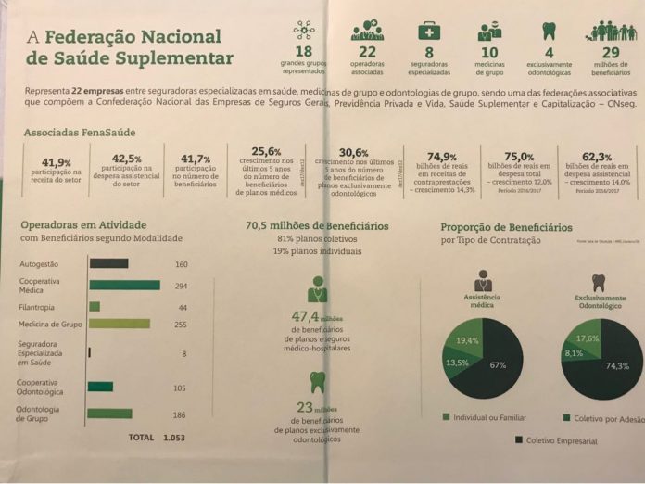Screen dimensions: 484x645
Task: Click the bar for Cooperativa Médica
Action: point(124,285)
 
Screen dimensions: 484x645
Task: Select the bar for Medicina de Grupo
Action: point(119,324)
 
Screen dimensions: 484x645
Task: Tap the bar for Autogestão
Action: point(108,264)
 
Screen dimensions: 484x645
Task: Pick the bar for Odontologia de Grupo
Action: point(110,414)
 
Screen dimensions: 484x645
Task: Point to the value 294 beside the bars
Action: point(181,285)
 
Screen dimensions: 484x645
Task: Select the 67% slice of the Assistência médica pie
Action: point(498,365)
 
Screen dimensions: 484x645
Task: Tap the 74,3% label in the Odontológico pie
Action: point(616,366)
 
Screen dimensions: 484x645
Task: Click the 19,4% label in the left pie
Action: point(467,341)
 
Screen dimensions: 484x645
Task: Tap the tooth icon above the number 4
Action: point(549,30)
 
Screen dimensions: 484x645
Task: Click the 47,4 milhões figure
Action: point(310,317)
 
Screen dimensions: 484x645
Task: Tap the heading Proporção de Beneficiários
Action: point(506,227)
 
